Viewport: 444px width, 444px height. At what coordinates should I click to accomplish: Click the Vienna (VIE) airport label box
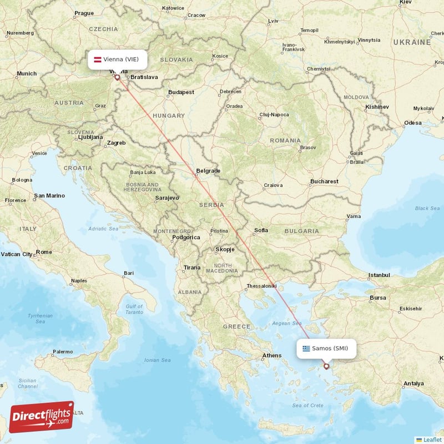coord(118,59)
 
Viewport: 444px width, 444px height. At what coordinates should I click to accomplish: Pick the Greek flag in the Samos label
coord(306,349)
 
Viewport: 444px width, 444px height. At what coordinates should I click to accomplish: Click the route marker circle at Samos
coord(326,366)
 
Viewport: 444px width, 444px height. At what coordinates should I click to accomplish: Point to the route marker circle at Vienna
coord(117,77)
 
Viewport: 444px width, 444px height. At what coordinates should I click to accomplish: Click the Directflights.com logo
coord(41,417)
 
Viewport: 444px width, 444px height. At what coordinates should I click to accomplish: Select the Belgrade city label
coord(208,171)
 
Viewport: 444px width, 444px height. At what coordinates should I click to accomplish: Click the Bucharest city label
coord(325,181)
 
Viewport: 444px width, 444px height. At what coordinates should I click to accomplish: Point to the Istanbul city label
coord(379,275)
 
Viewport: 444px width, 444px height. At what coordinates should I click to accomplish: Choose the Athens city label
coord(272,355)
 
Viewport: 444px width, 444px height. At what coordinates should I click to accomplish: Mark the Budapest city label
coord(181,92)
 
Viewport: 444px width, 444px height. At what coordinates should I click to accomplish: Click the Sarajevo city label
coord(167,198)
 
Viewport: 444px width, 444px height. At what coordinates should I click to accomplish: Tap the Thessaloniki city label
coord(261,286)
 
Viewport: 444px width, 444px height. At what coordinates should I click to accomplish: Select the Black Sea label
coord(427,209)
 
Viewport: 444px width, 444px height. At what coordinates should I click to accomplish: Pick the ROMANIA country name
coord(285,140)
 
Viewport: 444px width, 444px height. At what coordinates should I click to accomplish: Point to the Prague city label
coord(84,13)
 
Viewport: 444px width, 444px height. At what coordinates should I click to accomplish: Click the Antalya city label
coord(414,384)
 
